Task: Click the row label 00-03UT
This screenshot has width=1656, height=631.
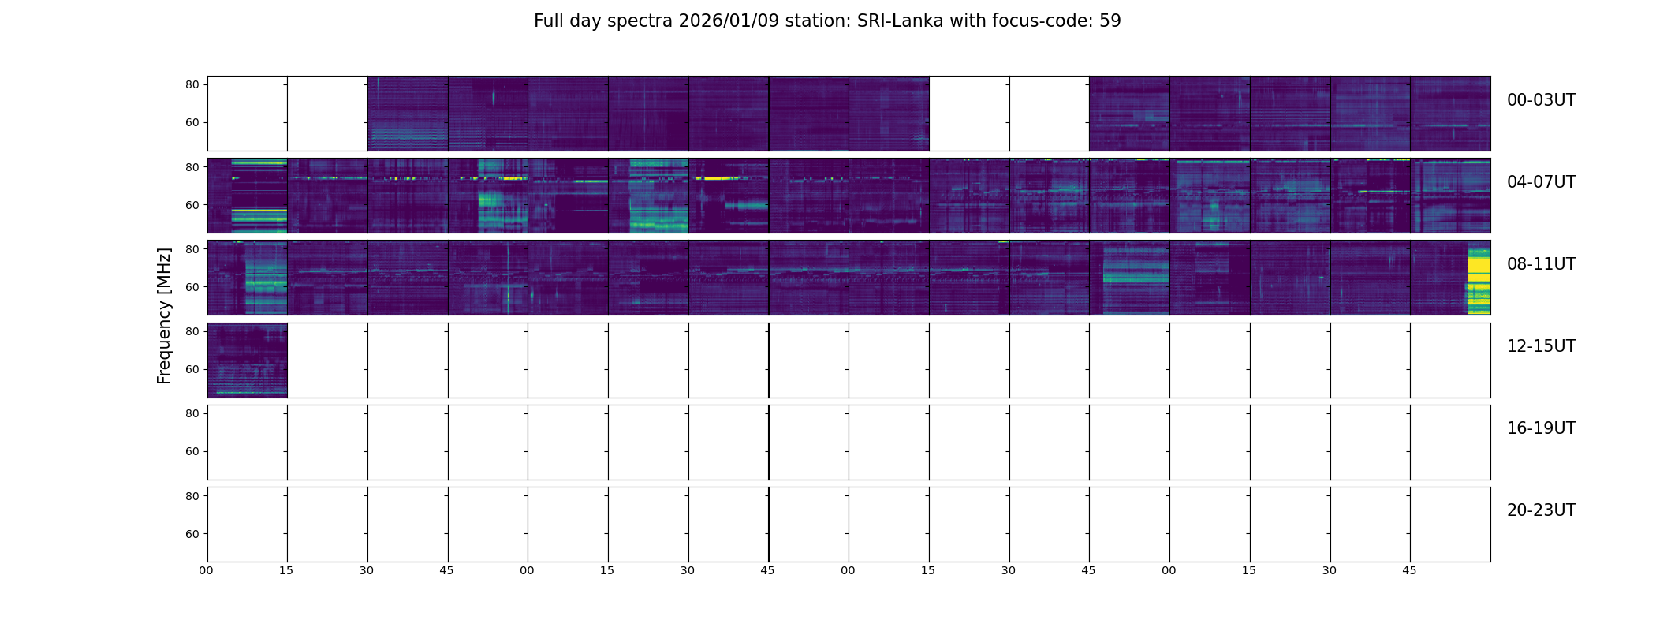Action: [x=1540, y=100]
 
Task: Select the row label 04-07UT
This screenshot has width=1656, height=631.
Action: [x=1540, y=182]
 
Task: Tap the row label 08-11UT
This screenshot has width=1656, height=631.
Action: [x=1540, y=264]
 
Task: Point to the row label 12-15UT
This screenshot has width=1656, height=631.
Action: [x=1540, y=346]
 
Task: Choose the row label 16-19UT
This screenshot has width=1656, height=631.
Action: [x=1540, y=428]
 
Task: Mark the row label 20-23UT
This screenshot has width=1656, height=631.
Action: [x=1540, y=510]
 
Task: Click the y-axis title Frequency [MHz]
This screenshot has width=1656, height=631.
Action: [x=164, y=315]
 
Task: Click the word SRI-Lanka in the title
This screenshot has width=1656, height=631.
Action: [x=900, y=21]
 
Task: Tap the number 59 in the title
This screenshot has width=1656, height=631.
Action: [x=1110, y=21]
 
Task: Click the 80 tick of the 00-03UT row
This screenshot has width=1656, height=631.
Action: [x=192, y=85]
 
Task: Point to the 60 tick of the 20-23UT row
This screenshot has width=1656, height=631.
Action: [x=192, y=534]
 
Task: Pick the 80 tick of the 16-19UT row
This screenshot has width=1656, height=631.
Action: [x=192, y=413]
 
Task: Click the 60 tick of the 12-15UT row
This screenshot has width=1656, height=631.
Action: [x=192, y=369]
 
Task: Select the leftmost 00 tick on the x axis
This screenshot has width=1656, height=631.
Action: [x=207, y=570]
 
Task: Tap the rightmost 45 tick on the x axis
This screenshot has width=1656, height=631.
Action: [x=1409, y=570]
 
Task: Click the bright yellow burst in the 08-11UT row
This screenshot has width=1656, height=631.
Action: [x=1479, y=280]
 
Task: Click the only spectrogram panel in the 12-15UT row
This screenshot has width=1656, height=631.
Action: [x=247, y=360]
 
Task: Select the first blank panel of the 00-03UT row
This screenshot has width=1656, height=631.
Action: [x=247, y=113]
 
